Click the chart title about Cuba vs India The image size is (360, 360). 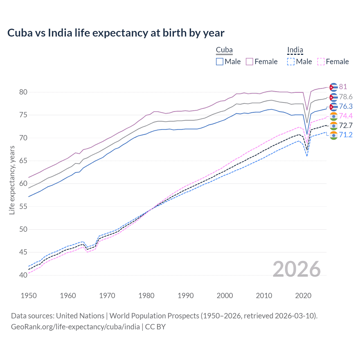click(x=116, y=33)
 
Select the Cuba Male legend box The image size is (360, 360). click(x=220, y=62)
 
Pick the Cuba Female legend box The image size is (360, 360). click(x=249, y=62)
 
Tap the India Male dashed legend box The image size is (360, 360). click(x=291, y=62)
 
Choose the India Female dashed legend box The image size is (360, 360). click(x=321, y=62)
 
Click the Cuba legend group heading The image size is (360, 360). click(x=224, y=50)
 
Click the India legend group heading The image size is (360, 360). click(x=295, y=50)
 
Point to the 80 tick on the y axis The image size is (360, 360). click(x=23, y=92)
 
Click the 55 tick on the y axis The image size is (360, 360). click(x=23, y=206)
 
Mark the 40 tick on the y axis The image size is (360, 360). click(x=23, y=275)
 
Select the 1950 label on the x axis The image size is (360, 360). click(x=29, y=296)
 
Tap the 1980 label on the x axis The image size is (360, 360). click(x=146, y=296)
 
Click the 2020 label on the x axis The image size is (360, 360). click(x=303, y=296)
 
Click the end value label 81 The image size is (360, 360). click(x=343, y=87)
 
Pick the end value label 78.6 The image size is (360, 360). click(x=346, y=97)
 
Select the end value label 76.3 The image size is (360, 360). click(x=346, y=106)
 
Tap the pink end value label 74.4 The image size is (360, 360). click(x=346, y=116)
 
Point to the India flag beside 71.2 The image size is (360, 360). click(x=334, y=135)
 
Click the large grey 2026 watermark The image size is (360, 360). click(x=296, y=269)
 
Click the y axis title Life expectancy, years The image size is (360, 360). click(x=12, y=180)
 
